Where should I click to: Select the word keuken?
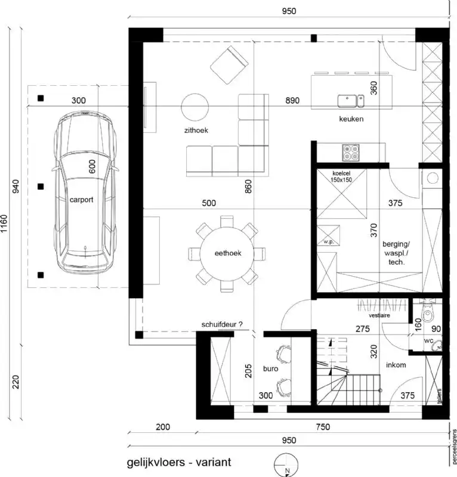pos(351,119)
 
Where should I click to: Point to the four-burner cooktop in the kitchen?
pos(350,152)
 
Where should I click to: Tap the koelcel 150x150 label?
pos(342,176)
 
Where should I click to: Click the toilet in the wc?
pos(428,314)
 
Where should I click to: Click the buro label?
pos(271,369)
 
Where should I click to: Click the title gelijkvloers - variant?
pos(178,462)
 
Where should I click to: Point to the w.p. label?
pos(327,242)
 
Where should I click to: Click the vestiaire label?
pos(379,315)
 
